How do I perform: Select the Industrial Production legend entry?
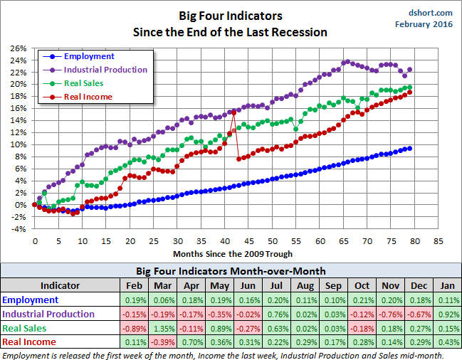[105, 70]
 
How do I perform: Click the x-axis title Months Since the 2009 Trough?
[233, 253]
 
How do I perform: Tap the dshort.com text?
[431, 12]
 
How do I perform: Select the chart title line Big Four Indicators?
[231, 16]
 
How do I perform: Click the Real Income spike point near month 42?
[233, 113]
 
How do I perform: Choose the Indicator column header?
[60, 286]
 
